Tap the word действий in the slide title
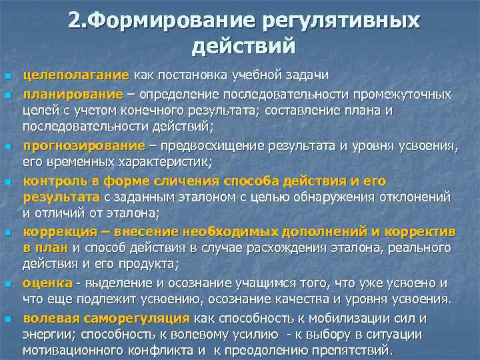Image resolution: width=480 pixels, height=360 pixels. (x=243, y=47)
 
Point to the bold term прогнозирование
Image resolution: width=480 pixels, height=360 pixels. (x=84, y=145)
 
